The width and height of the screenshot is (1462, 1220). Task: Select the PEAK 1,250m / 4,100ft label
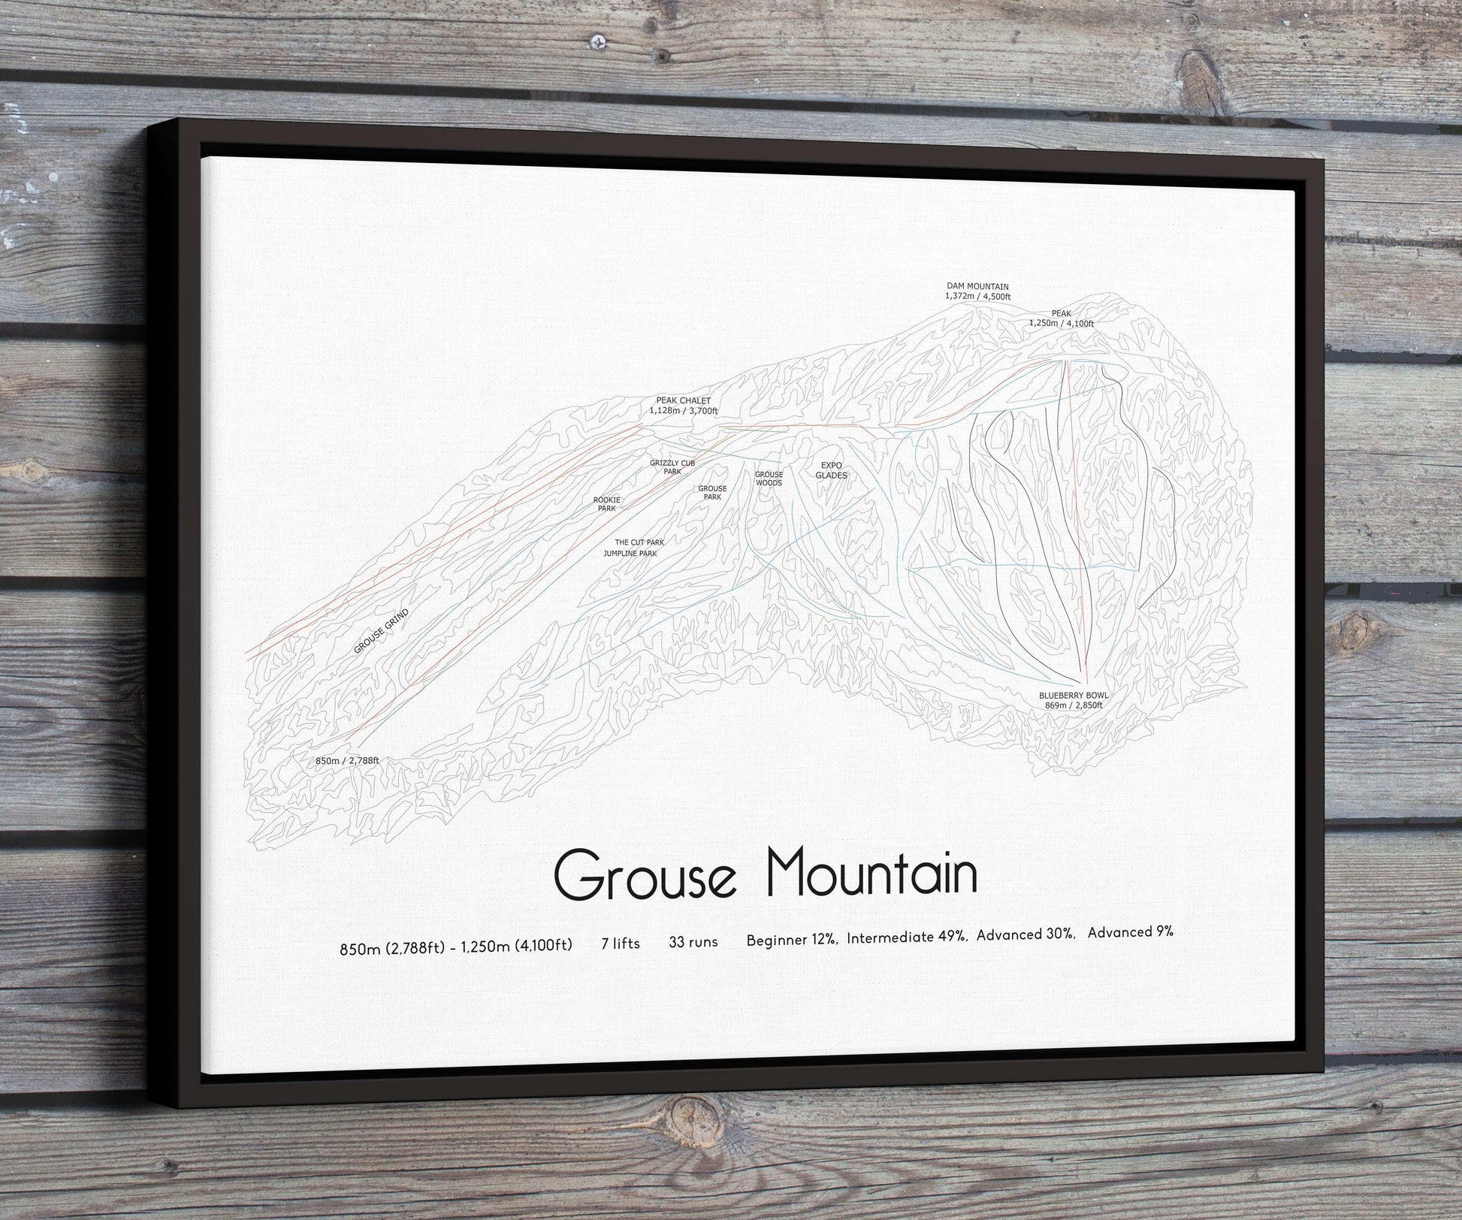[x=1061, y=318]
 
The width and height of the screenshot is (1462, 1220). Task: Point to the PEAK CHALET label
[x=684, y=406]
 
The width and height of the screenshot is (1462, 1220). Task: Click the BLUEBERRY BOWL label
[x=1074, y=700]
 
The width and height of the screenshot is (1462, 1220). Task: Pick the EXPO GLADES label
[x=832, y=470]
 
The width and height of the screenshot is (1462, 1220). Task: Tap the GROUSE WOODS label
[x=769, y=479]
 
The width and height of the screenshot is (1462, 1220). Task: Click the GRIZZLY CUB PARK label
[x=672, y=467]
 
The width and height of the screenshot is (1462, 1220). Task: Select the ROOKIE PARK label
[x=606, y=504]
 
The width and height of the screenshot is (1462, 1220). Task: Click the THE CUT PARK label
[x=639, y=542]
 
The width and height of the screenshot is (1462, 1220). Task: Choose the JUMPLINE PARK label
[x=630, y=554]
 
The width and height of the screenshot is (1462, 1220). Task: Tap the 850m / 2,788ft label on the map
[x=347, y=760]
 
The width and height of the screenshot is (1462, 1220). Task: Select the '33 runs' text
[x=693, y=941]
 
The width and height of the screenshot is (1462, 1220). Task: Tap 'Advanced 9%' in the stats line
[x=1130, y=932]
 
